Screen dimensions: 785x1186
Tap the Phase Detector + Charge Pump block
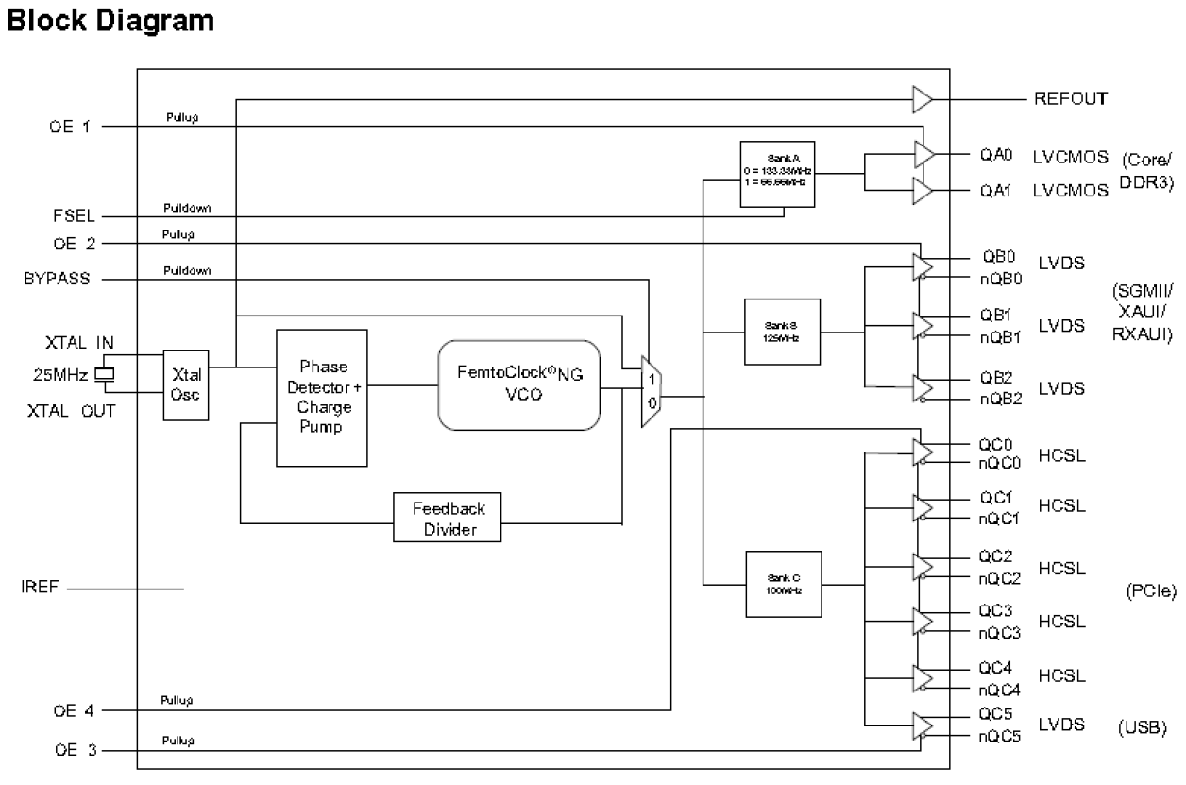321,397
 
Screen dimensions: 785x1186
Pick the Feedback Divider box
447,517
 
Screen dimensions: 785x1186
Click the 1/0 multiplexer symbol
651,391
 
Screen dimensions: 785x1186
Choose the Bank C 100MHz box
782,583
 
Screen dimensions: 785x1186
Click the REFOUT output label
1071,98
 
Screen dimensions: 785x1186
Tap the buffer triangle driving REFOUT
922,98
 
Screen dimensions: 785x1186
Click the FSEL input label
73,216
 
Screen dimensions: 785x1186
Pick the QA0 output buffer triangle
923,154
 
